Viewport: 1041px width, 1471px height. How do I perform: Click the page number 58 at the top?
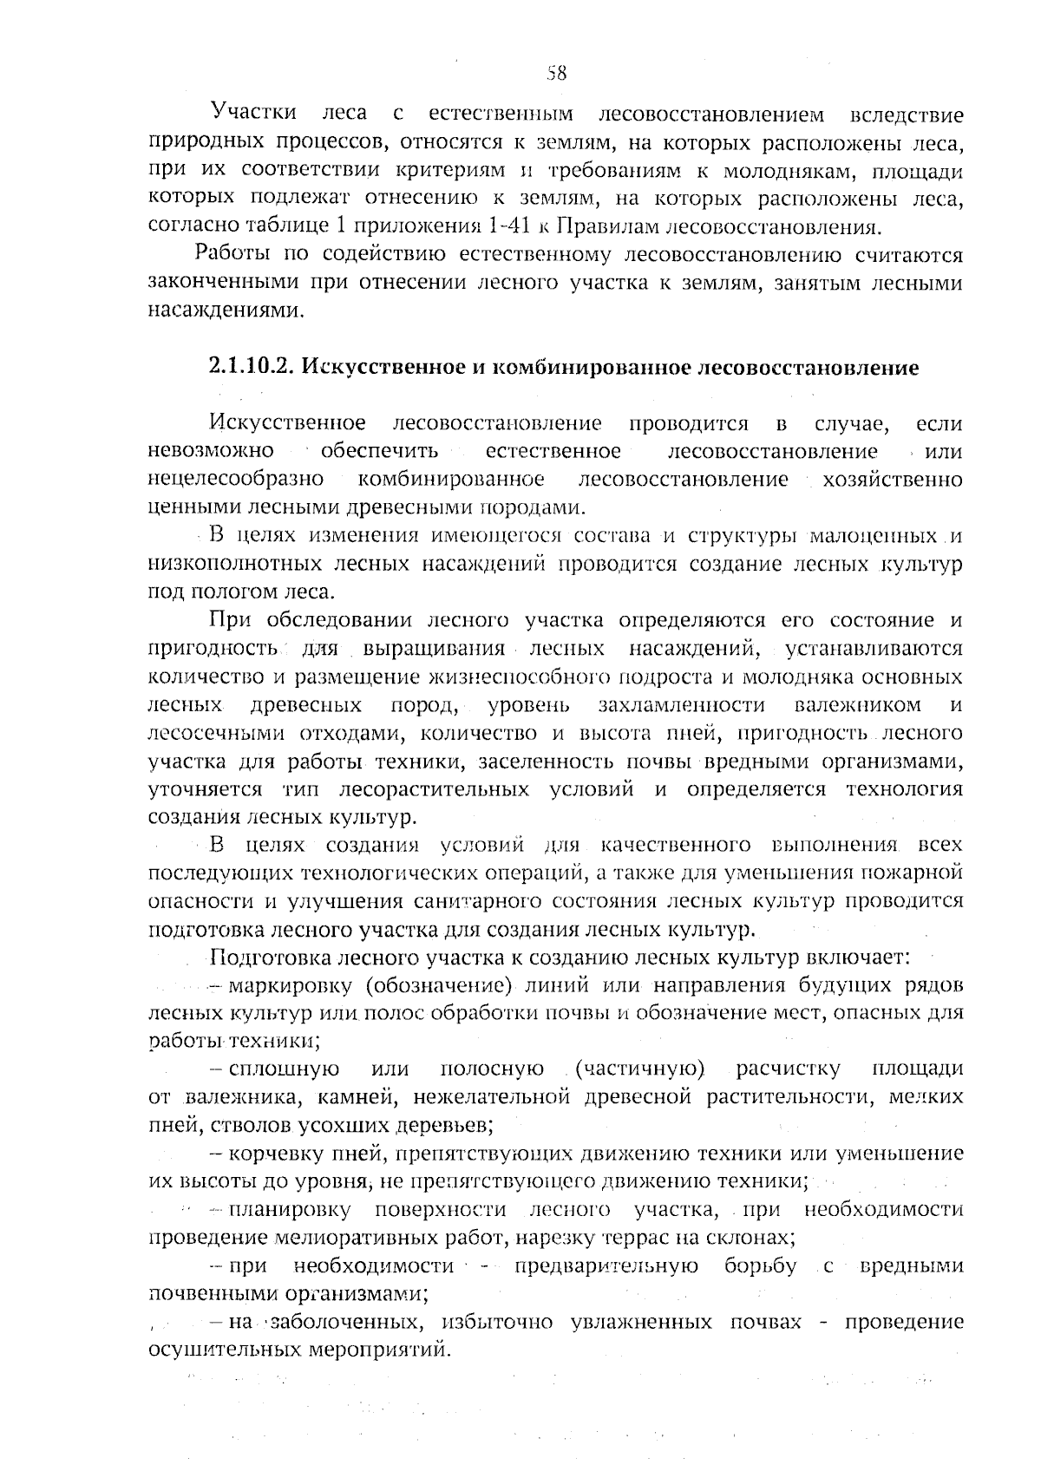557,74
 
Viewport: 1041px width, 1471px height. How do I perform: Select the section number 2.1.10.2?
251,367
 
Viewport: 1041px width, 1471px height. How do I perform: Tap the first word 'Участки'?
253,114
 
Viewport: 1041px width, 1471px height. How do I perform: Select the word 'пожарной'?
920,872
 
